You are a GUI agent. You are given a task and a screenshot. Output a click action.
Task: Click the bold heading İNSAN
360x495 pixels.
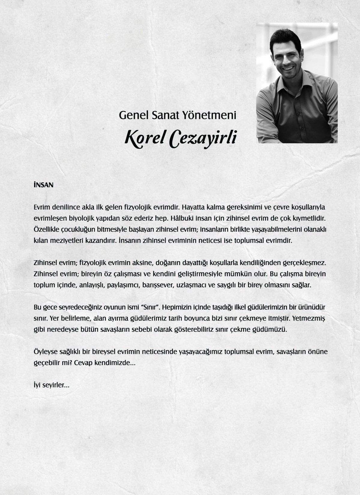[43, 185]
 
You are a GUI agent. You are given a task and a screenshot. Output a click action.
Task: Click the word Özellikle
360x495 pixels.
[47, 229]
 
